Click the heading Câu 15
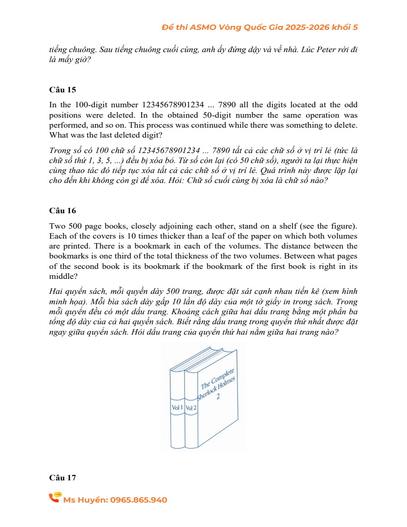pos(62,90)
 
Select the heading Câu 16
pos(62,211)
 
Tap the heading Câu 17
pos(62,478)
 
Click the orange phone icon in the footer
pos(55,498)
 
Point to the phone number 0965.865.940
pos(138,500)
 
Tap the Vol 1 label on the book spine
pos(177,407)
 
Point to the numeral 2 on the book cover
pos(218,397)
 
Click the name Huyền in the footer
pos(94,500)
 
